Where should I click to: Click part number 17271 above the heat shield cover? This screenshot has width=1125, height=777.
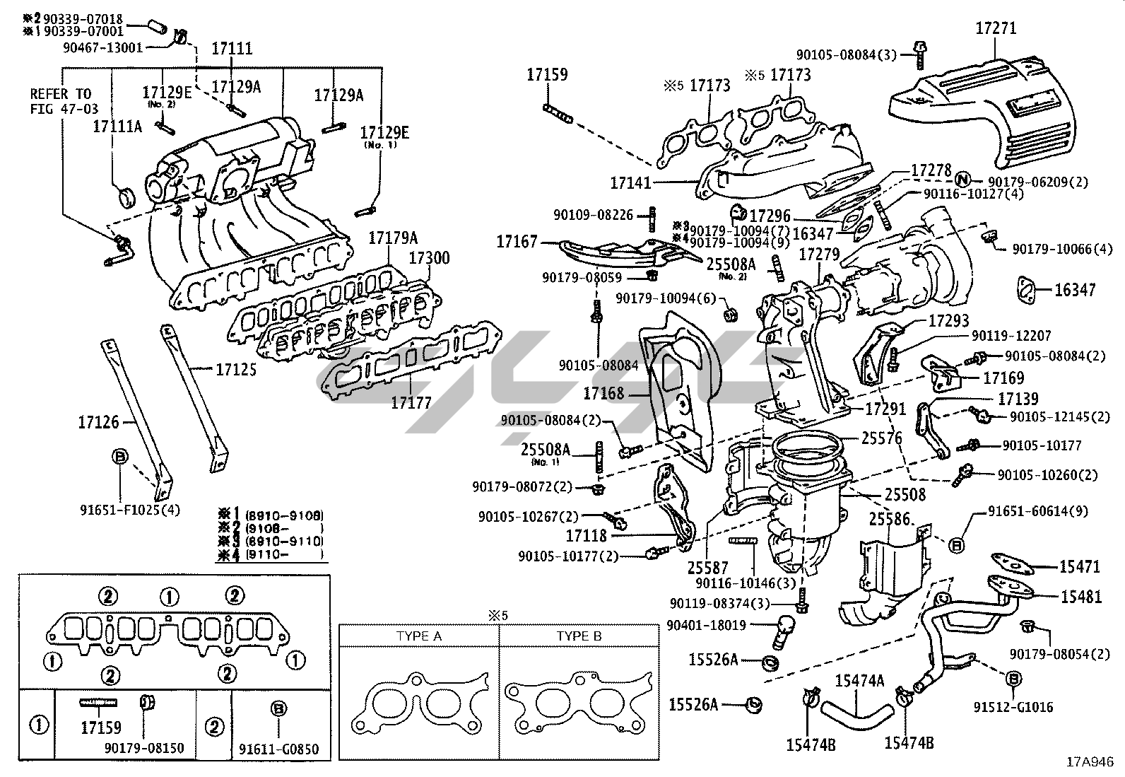coord(995,29)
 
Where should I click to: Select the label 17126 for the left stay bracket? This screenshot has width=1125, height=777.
coord(98,423)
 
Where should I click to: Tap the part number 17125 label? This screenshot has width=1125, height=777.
coord(236,370)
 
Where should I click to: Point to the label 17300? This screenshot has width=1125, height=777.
coord(428,258)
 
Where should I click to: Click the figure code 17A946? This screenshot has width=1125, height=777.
coord(1090,763)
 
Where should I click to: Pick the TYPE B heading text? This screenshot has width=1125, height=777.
coord(579,636)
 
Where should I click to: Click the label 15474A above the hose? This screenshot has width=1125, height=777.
coord(859,681)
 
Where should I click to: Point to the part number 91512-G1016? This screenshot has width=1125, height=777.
coord(1013,706)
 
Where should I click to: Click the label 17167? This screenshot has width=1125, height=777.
coord(517,242)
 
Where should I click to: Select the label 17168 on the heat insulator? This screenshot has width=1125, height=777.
coord(604,393)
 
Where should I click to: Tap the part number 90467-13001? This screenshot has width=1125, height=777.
coord(102,47)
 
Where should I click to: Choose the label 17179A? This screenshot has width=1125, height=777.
coord(393,238)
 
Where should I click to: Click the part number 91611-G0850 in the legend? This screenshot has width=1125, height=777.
coord(278,749)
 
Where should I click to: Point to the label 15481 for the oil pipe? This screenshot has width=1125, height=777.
coord(1080,597)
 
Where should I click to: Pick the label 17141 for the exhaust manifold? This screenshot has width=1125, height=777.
coord(631,183)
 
